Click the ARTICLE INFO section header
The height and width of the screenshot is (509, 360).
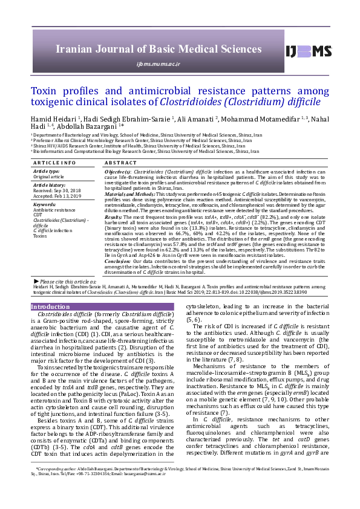54,163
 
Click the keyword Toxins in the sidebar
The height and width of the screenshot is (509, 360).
40,236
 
